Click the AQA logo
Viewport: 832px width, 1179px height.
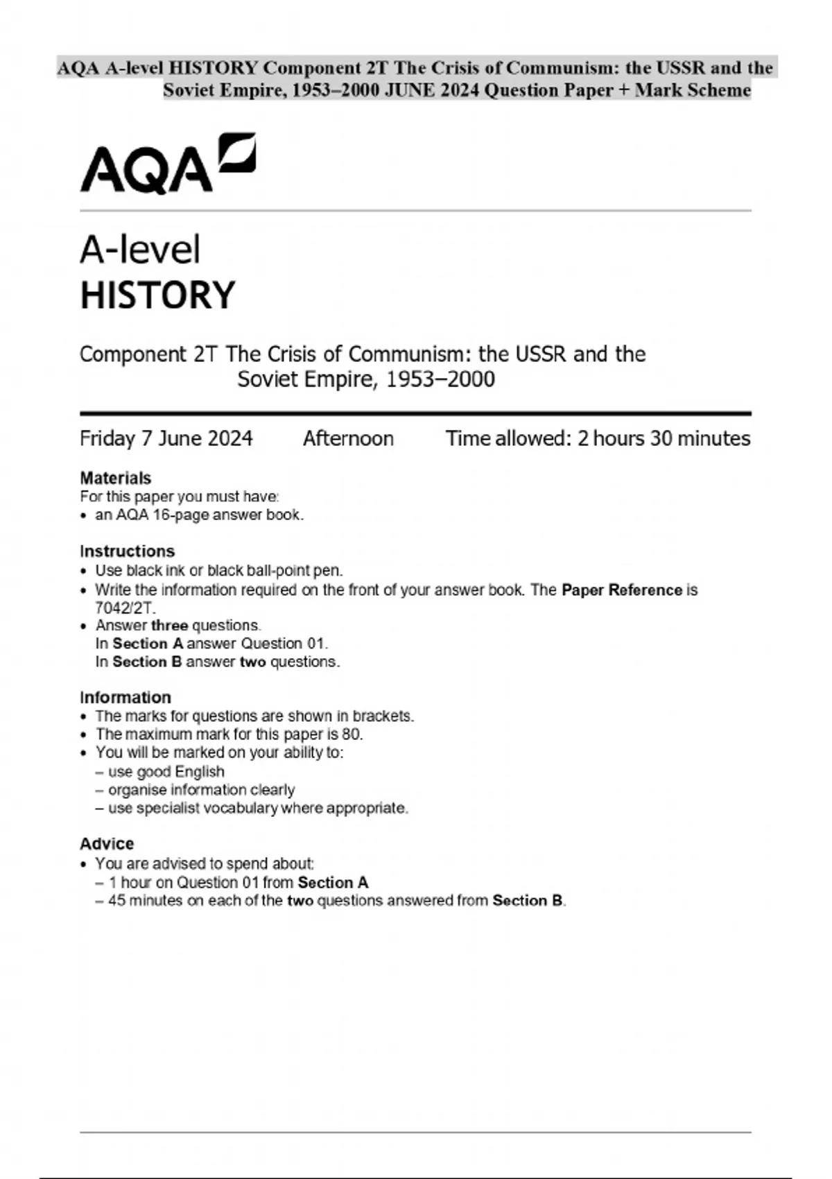(x=168, y=164)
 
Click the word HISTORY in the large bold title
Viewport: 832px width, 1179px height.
(x=158, y=295)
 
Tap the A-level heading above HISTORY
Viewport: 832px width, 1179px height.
(x=140, y=250)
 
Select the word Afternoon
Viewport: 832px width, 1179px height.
(x=348, y=438)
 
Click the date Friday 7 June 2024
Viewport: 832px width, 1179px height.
(x=166, y=438)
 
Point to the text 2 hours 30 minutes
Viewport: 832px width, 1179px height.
(x=664, y=438)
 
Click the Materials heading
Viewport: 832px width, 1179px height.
(x=115, y=478)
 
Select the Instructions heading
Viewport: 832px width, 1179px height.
(x=127, y=551)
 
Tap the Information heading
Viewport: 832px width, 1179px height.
(x=125, y=697)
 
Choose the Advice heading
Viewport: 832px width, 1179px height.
(x=107, y=843)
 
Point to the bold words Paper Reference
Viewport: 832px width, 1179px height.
(x=622, y=590)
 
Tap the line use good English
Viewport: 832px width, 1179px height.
(x=166, y=772)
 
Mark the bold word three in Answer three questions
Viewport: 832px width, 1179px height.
(x=169, y=626)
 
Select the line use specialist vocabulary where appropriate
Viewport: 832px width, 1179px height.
(x=258, y=808)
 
